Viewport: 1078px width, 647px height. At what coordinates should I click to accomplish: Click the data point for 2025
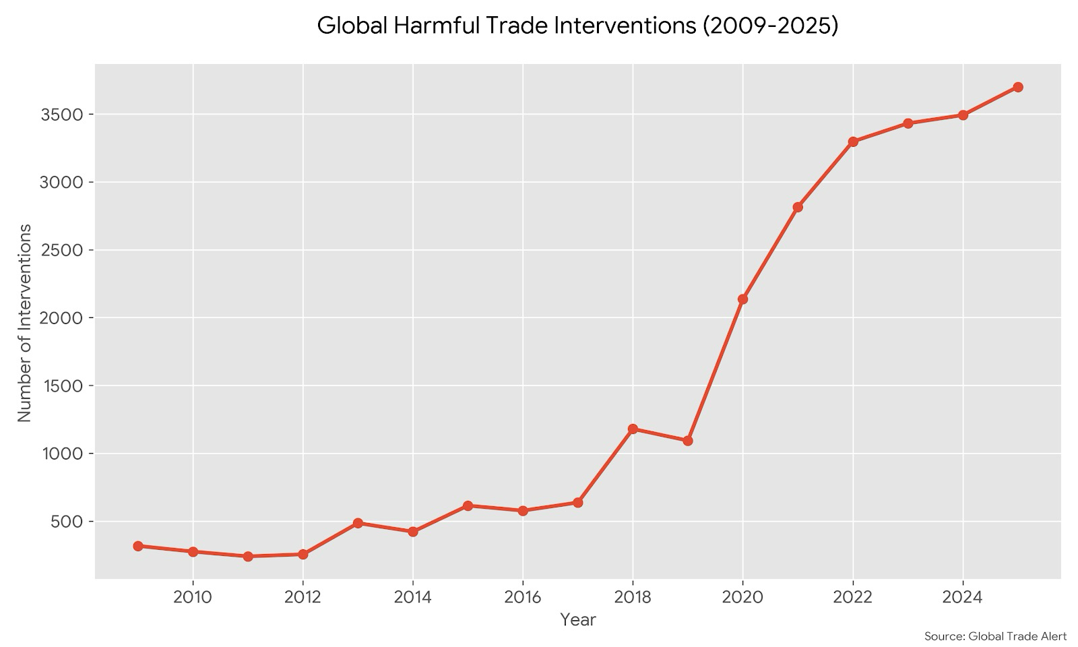click(x=1017, y=87)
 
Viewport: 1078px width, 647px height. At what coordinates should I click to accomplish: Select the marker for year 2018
click(x=633, y=429)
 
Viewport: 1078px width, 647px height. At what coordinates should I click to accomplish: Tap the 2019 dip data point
click(x=687, y=441)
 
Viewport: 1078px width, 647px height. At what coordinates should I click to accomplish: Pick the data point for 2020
click(x=742, y=299)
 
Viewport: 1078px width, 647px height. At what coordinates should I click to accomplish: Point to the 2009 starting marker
click(x=138, y=546)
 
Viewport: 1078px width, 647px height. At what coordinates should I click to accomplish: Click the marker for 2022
click(x=853, y=142)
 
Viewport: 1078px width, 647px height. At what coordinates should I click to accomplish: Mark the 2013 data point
click(x=358, y=523)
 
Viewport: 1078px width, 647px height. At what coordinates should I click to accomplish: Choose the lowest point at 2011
click(x=248, y=556)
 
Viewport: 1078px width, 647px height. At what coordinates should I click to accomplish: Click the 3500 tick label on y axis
click(x=62, y=115)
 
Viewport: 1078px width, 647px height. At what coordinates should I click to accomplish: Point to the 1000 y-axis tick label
click(x=62, y=454)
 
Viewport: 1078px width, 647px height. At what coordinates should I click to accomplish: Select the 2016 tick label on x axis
click(x=523, y=597)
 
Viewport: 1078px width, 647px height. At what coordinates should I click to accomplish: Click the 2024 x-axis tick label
click(x=963, y=597)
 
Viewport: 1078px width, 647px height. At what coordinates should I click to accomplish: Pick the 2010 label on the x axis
click(x=193, y=597)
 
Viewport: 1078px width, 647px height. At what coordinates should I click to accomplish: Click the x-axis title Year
click(x=578, y=620)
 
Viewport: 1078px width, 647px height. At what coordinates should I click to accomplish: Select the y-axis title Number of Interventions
click(x=25, y=323)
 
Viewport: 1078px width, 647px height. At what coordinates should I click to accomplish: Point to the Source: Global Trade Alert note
click(x=995, y=636)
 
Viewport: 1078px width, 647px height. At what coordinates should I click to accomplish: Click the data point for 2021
click(x=798, y=207)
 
